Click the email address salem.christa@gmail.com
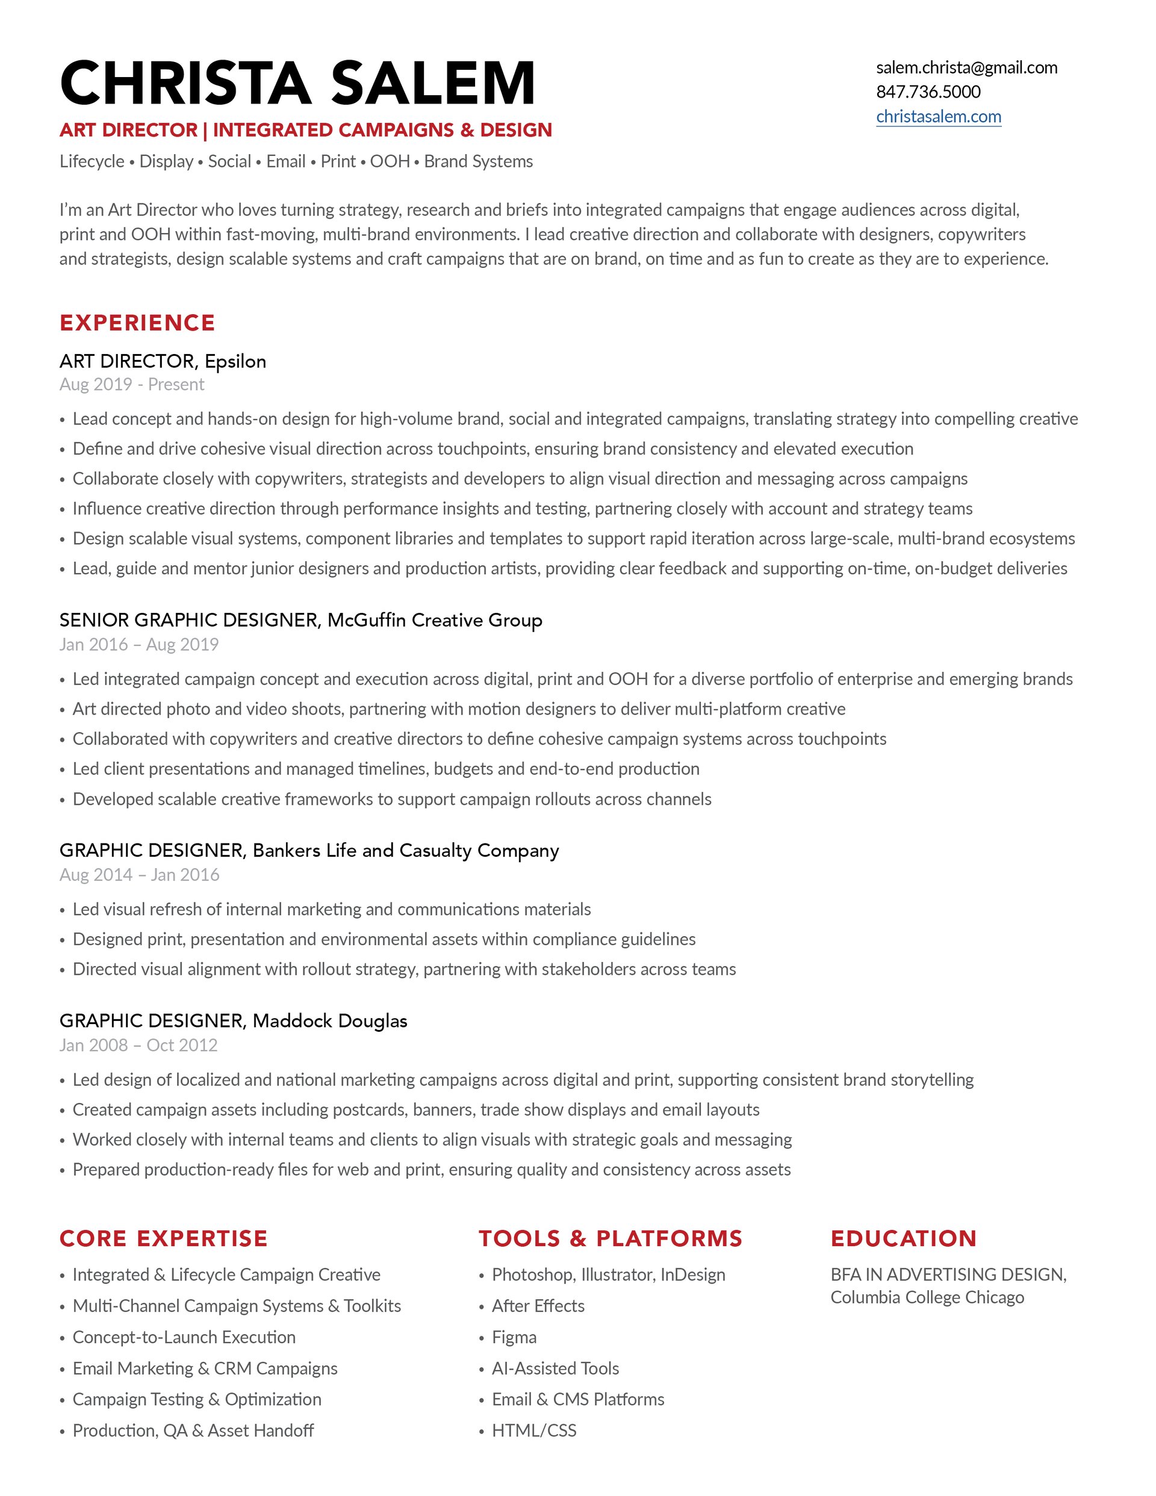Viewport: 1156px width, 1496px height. click(966, 67)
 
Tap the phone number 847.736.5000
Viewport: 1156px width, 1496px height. click(928, 92)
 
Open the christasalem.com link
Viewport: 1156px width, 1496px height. click(938, 116)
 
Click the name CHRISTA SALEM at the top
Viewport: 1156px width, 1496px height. click(297, 83)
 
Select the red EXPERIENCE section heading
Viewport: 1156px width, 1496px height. click(137, 323)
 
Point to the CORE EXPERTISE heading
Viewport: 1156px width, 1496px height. click(163, 1238)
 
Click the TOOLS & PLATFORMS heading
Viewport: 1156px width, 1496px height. click(610, 1238)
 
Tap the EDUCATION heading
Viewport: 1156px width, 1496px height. click(903, 1238)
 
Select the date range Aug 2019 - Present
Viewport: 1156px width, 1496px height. click(132, 384)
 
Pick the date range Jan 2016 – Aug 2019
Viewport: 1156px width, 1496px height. click(138, 645)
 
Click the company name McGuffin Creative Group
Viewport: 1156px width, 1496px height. click(435, 620)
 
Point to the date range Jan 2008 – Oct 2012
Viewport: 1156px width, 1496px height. click(138, 1045)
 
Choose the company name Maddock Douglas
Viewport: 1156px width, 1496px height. click(329, 1020)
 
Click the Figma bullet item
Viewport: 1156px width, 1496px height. click(514, 1337)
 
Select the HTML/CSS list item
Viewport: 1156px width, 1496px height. click(534, 1430)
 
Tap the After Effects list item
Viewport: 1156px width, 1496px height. click(538, 1306)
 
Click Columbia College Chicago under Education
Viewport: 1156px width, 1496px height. click(927, 1297)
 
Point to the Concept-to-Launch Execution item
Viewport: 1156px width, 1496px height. click(184, 1337)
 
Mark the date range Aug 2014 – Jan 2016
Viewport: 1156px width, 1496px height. click(139, 875)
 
